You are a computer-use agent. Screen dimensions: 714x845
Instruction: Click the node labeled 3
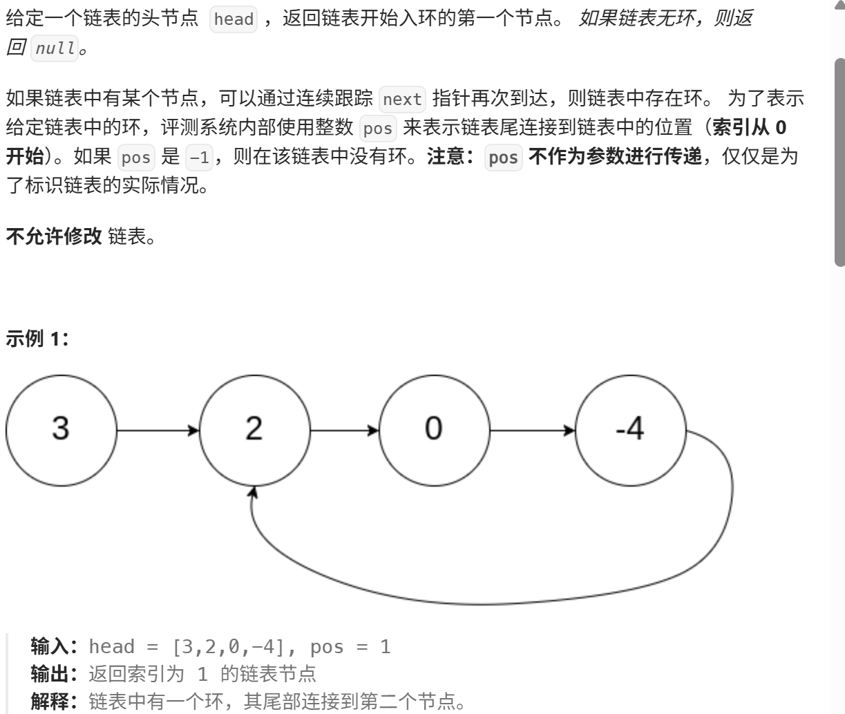(x=61, y=429)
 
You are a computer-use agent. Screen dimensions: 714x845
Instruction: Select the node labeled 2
(x=254, y=429)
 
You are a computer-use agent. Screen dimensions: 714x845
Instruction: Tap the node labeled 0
(x=434, y=429)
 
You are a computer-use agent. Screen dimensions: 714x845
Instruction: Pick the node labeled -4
(x=630, y=429)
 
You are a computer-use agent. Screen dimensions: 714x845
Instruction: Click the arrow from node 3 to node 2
(x=158, y=431)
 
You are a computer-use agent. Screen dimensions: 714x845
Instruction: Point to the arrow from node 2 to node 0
(x=344, y=431)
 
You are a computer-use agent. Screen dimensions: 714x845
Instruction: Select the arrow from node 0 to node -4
(x=532, y=431)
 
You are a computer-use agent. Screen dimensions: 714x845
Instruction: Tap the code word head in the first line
(x=234, y=19)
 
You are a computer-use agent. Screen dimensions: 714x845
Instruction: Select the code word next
(x=402, y=100)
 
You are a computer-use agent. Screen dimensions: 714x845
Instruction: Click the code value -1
(x=199, y=158)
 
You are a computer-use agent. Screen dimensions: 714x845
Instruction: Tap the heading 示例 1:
(x=37, y=339)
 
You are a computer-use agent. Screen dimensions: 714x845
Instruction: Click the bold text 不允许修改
(x=54, y=237)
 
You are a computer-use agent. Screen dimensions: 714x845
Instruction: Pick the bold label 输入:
(x=57, y=647)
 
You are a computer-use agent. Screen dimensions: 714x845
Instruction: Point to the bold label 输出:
(x=57, y=673)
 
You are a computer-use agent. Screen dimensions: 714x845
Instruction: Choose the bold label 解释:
(x=57, y=702)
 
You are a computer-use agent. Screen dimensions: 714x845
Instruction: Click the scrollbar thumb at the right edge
(x=839, y=162)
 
